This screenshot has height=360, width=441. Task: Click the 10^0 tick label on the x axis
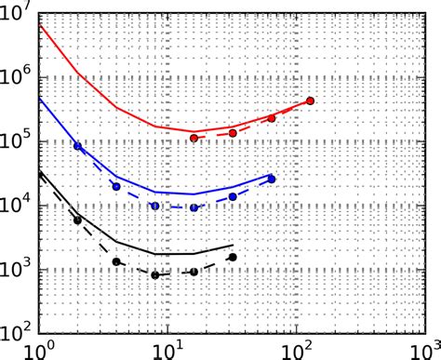[x=37, y=350]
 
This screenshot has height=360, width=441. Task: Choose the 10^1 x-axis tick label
[x=167, y=350]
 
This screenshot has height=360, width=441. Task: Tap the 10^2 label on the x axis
[x=296, y=350]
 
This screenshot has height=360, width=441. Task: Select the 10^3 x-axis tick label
[x=424, y=350]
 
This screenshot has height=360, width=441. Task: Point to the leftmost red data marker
[x=194, y=138]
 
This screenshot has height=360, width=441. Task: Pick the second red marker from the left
[x=233, y=133]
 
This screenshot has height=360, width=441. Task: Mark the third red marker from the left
[x=272, y=118]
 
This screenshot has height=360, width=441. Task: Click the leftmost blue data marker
[x=77, y=147]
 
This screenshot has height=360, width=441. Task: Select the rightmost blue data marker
[x=272, y=179]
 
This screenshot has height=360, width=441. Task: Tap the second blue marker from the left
[x=116, y=186]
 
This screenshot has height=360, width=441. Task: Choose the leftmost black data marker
[x=77, y=220]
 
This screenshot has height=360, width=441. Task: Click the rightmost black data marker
[x=233, y=257]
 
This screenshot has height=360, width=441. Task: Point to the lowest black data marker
[x=155, y=274]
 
